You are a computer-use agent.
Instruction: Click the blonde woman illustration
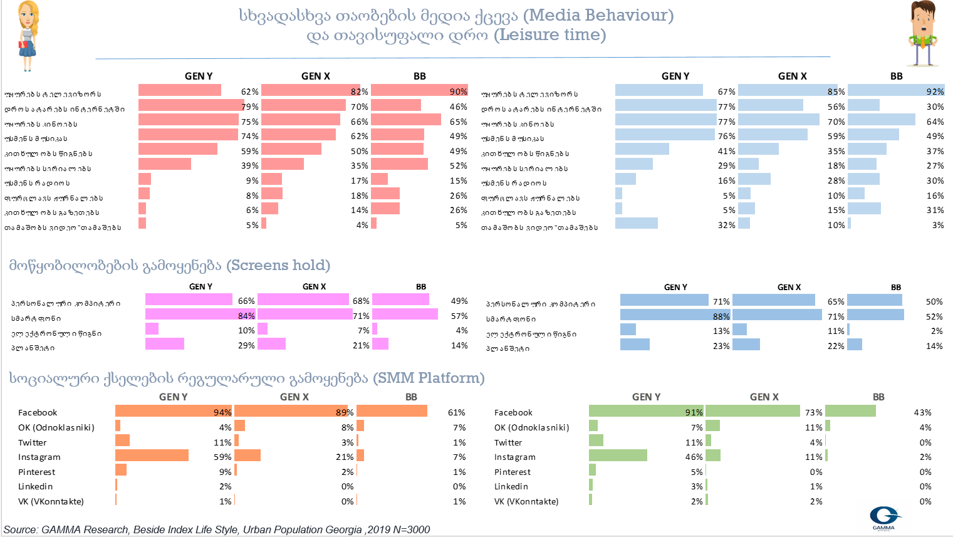(27, 35)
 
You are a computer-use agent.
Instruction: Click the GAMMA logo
(884, 517)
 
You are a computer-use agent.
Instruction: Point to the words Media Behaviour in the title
(598, 15)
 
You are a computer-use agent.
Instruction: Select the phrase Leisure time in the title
(549, 34)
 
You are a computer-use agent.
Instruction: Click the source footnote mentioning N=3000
(217, 529)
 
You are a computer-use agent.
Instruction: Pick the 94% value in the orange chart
(222, 412)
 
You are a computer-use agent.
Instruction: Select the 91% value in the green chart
(694, 412)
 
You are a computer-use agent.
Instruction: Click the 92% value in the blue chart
(935, 91)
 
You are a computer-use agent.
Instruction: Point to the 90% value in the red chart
(458, 91)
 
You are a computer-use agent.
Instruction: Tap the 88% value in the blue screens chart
(721, 316)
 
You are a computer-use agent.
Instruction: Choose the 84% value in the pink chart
(246, 316)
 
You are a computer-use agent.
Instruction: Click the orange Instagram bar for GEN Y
(152, 455)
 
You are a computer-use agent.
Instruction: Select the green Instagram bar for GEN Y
(618, 455)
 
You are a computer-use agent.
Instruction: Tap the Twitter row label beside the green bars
(508, 442)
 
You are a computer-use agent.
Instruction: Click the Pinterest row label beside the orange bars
(36, 472)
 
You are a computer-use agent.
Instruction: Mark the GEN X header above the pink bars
(314, 286)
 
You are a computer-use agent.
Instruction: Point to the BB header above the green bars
(878, 397)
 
